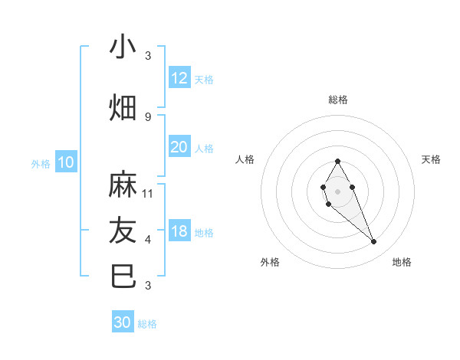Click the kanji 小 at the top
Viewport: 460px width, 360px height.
(123, 47)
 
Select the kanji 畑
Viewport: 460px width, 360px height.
(123, 108)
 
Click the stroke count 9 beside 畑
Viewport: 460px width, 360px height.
(148, 116)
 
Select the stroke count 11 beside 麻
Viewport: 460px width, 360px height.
(148, 193)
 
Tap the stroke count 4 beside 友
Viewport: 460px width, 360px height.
(148, 240)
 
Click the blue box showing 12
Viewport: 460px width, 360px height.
(179, 78)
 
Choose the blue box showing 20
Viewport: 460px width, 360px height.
(179, 147)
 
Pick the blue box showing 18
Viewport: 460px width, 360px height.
(179, 232)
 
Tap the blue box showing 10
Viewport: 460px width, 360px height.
(66, 162)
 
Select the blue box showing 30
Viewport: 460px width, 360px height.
(123, 323)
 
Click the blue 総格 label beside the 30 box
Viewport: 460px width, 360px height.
(147, 324)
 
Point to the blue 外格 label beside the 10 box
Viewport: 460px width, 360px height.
(41, 163)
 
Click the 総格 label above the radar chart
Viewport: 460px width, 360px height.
(337, 100)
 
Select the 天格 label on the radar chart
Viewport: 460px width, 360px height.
(431, 159)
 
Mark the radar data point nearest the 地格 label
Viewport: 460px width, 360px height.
(374, 242)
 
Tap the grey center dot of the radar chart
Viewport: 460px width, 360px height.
(337, 191)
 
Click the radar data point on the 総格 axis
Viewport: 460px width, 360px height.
(337, 161)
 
